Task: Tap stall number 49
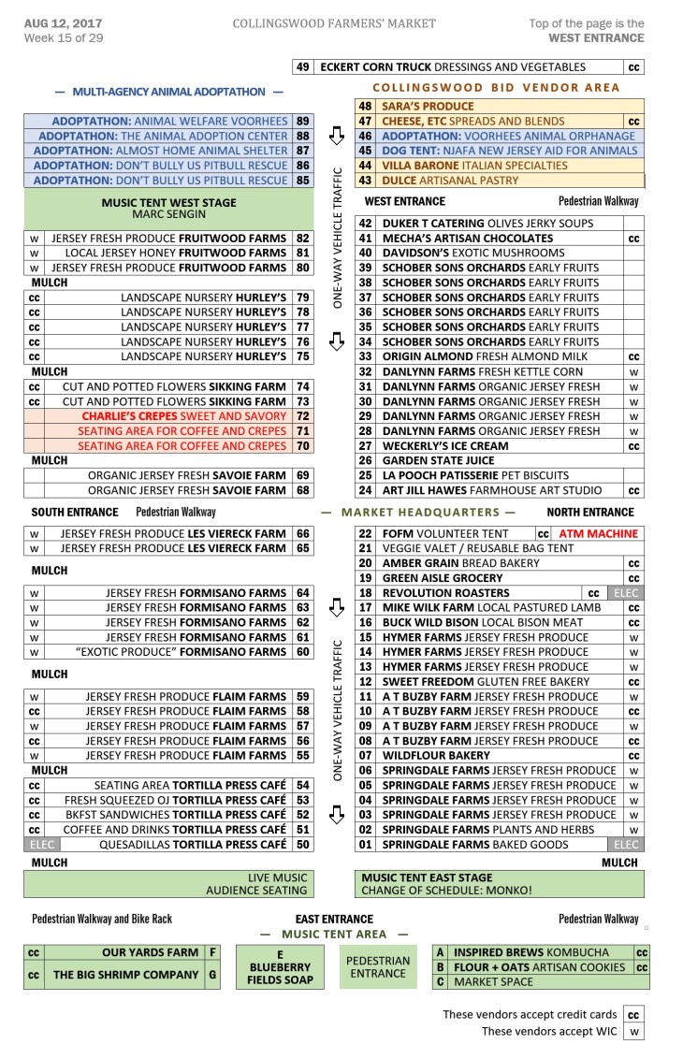coord(302,67)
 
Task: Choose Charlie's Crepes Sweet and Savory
coord(183,416)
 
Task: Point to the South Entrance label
coord(75,513)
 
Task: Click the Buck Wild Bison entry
coord(483,623)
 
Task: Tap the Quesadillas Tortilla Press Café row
coord(193,845)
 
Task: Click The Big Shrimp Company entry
coord(125,975)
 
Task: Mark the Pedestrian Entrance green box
coord(379,966)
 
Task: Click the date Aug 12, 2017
coord(63,22)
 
